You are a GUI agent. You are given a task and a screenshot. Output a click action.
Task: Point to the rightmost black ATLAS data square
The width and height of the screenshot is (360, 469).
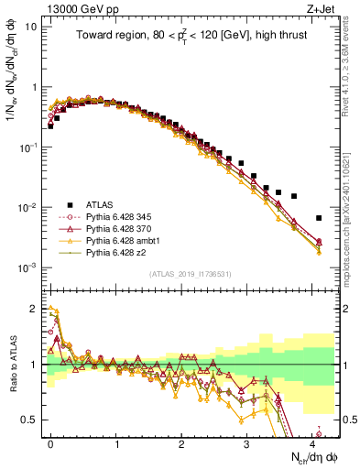tap(319, 218)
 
